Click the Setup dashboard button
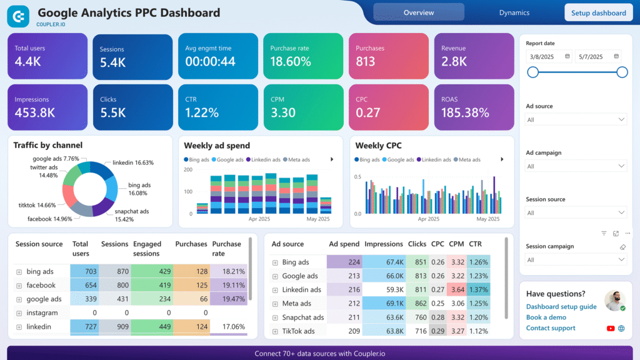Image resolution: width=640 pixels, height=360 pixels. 598,12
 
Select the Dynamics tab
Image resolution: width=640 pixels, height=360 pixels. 514,12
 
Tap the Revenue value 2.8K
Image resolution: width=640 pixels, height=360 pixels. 454,61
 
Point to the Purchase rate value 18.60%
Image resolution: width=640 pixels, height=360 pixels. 290,61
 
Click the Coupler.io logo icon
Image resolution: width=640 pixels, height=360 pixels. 18,16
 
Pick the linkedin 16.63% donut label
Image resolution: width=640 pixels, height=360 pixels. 133,162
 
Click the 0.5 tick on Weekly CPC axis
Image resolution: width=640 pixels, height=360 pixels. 358,177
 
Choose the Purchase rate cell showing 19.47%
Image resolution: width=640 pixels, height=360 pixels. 229,299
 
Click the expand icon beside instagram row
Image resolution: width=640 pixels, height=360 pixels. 19,313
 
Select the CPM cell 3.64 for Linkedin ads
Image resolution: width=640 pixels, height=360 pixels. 457,289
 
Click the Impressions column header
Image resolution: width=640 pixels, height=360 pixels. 383,244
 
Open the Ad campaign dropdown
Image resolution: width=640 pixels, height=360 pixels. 576,166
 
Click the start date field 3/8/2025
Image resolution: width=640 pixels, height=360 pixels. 548,56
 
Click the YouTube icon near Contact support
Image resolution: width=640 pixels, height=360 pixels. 611,328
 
